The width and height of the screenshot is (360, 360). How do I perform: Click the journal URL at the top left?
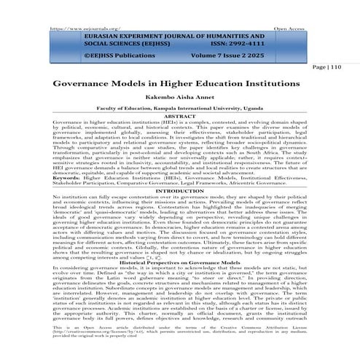point(75,7)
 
